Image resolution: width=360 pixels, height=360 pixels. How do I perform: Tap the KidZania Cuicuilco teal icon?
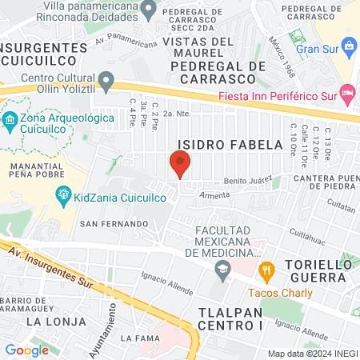coord(63,194)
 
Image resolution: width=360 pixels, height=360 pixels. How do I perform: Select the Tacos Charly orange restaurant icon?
coord(267,270)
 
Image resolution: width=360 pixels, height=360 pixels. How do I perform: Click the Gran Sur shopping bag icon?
coord(348,46)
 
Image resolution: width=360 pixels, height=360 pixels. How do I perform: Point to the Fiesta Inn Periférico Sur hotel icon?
coord(346,93)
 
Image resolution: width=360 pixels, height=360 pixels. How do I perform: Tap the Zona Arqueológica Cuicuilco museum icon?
coord(10,122)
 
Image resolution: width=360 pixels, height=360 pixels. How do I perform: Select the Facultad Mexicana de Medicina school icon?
coord(222,272)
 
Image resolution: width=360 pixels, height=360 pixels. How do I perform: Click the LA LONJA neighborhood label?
coord(55,321)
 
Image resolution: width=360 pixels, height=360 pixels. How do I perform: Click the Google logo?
coord(26,350)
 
